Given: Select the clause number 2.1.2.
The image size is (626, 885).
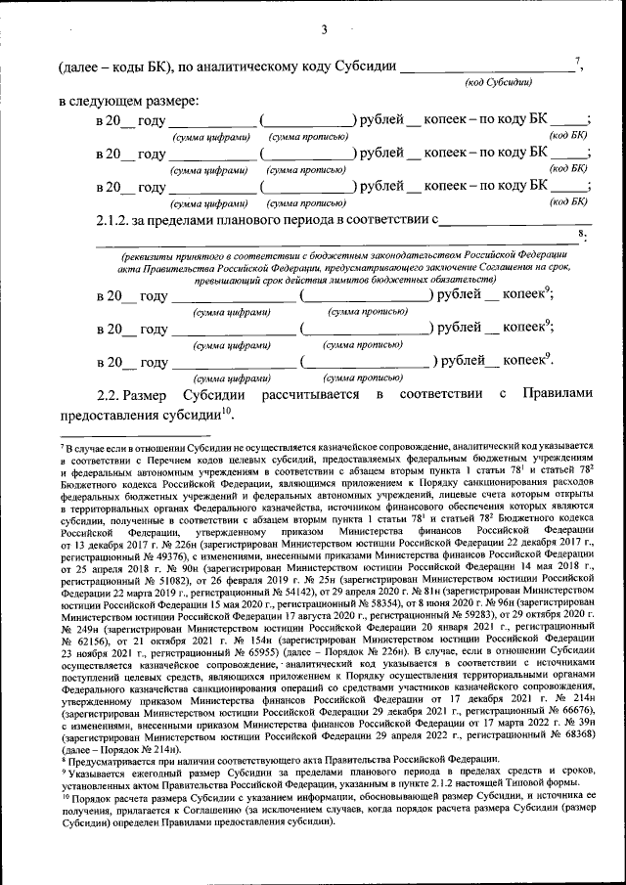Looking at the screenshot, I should tap(119, 221).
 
